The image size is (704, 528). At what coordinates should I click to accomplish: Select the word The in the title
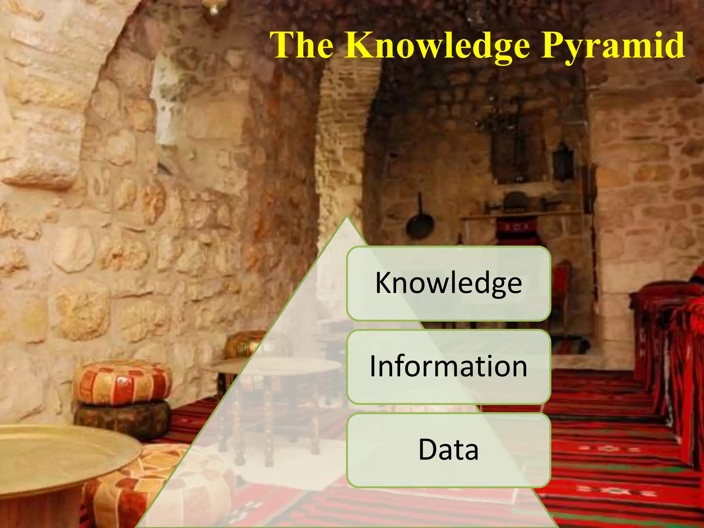tap(302, 45)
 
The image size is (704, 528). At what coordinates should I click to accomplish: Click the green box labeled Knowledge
tap(448, 283)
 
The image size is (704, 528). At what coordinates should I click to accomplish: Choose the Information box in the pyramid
tap(448, 366)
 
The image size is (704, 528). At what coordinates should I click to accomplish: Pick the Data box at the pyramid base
tap(448, 450)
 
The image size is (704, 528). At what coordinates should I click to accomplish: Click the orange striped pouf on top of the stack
tap(123, 382)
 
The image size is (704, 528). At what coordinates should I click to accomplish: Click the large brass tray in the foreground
tap(62, 454)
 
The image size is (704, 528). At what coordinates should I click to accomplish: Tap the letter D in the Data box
tap(427, 450)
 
